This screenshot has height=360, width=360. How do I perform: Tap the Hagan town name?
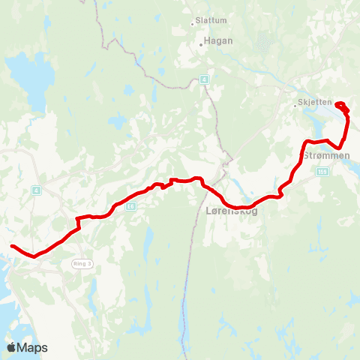click(218, 41)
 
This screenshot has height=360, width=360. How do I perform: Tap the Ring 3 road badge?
click(81, 263)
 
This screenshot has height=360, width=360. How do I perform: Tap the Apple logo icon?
click(11, 347)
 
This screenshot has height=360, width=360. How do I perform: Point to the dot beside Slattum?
click(192, 21)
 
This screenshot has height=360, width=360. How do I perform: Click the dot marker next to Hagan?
click(201, 44)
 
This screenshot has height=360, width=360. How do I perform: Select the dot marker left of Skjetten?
click(295, 106)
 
